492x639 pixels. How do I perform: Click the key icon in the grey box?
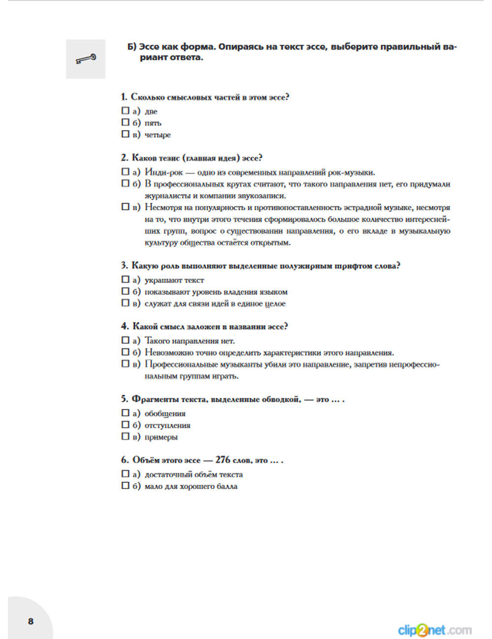tap(86, 59)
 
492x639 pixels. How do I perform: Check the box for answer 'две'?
tap(125, 111)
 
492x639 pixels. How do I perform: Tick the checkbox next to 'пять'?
tap(125, 122)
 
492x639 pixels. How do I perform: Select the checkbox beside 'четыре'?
tap(125, 134)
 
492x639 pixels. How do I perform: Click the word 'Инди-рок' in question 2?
tap(164, 173)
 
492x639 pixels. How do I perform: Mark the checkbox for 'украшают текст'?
tap(125, 280)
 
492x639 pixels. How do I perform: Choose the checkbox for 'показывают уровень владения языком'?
tap(125, 291)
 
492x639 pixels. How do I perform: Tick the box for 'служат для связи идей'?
tap(125, 303)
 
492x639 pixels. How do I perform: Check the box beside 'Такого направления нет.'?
tap(125, 340)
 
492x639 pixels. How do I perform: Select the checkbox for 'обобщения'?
tap(125, 413)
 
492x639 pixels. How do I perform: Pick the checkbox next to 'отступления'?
tap(125, 425)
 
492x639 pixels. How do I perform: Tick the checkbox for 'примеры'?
tap(125, 436)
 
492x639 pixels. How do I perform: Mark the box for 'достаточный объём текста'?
tap(125, 474)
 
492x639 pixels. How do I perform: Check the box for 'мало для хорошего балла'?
tap(125, 486)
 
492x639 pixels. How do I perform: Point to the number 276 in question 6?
tap(222, 460)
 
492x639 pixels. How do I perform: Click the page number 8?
tap(31, 621)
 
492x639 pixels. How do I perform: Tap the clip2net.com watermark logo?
tap(434, 630)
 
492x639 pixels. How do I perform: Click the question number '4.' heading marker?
tap(125, 326)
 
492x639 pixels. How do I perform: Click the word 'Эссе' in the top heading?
tap(149, 47)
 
